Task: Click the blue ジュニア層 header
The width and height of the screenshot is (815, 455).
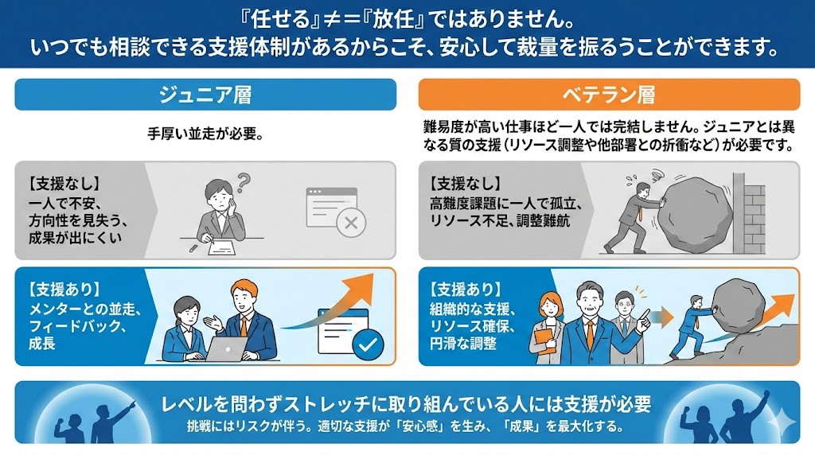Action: click(x=205, y=95)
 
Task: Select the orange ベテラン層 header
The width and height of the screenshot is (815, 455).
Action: click(x=609, y=95)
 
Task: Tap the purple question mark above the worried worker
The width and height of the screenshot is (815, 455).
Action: click(x=244, y=182)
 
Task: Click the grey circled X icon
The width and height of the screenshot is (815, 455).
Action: click(x=351, y=224)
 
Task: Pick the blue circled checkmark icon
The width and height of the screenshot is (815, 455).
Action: click(x=368, y=344)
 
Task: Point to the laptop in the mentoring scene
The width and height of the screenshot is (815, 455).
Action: click(x=227, y=348)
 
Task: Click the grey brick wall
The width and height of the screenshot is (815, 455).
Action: click(x=750, y=213)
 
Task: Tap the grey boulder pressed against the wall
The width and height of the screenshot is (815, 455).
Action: click(x=698, y=212)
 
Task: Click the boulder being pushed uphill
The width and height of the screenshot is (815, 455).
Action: click(x=738, y=305)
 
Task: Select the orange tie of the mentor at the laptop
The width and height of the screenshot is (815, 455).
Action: click(x=244, y=326)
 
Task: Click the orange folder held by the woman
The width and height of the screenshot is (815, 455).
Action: click(x=544, y=340)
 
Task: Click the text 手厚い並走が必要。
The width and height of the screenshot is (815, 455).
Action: click(x=205, y=134)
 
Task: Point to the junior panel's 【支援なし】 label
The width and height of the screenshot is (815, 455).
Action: click(x=64, y=183)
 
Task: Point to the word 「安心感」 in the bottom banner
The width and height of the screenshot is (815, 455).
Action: click(x=419, y=426)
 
